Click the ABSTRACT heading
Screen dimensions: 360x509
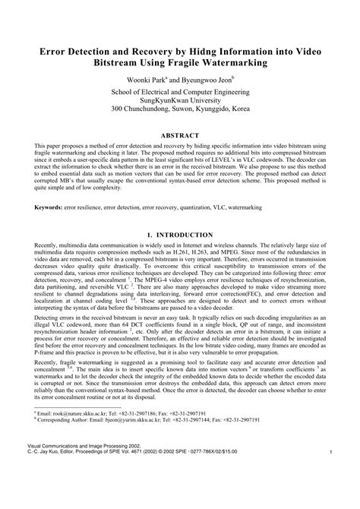click(180, 135)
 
